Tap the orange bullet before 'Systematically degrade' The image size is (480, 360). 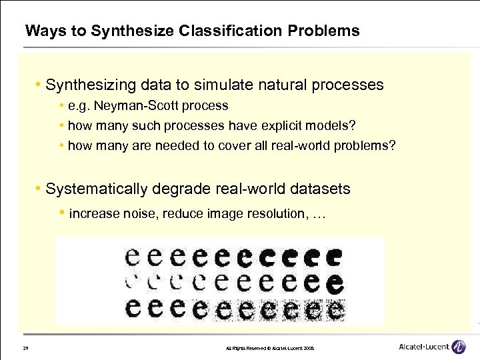point(39,189)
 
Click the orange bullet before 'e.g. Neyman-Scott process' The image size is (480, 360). point(61,106)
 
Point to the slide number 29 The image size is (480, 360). point(25,348)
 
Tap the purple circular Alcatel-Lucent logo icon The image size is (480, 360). point(459,346)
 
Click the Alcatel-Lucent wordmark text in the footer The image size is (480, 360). point(423,347)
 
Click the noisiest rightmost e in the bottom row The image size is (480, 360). point(335,309)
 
